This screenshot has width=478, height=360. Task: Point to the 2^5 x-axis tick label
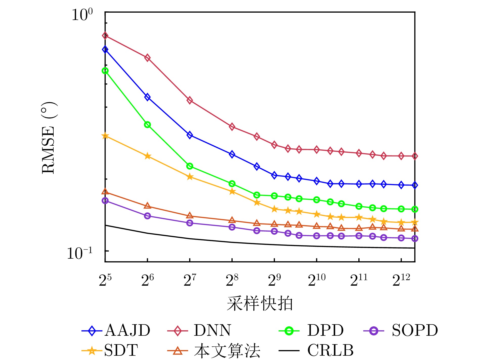(105, 280)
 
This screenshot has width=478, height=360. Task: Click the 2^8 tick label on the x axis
(232, 280)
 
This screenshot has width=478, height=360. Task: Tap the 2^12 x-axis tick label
(401, 280)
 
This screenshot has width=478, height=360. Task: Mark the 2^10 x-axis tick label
(317, 280)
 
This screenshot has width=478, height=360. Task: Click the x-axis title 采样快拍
(260, 303)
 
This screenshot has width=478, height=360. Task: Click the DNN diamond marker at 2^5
(105, 36)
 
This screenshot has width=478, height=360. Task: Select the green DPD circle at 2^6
(147, 125)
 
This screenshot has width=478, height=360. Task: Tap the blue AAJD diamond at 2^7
(190, 135)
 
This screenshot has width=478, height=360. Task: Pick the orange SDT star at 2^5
(105, 136)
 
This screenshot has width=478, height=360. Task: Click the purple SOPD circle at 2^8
(232, 227)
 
